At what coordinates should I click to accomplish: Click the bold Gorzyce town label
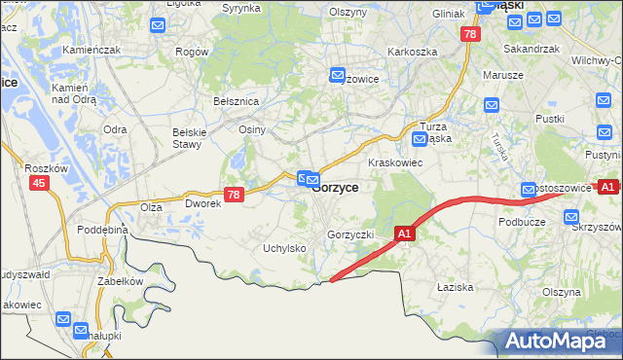tap(335, 188)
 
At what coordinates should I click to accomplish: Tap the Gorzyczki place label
tap(351, 235)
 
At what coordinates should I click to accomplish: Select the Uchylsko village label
tap(284, 248)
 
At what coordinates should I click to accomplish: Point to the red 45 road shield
tap(39, 182)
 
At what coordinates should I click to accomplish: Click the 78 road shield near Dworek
tap(233, 195)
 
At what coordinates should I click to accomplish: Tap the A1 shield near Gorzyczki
tap(406, 234)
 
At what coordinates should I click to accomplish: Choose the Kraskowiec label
tap(394, 162)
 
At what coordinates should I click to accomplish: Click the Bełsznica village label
tap(235, 100)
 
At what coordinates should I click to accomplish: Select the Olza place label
tap(150, 207)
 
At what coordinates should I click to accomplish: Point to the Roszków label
tap(45, 167)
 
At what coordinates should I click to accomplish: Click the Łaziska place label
tap(455, 287)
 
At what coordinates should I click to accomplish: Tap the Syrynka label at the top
tap(241, 8)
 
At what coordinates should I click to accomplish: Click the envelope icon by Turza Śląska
tap(420, 138)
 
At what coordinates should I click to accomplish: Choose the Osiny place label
tap(252, 129)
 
